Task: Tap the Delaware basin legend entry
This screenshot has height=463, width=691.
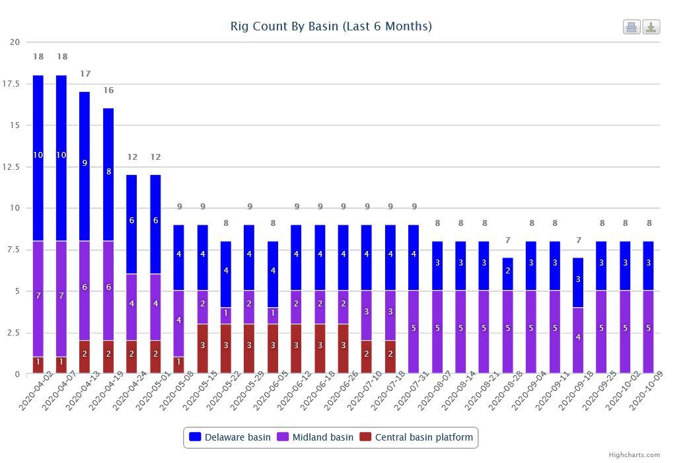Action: click(230, 437)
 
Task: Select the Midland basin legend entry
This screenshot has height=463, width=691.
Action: click(315, 437)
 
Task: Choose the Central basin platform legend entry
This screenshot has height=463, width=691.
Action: click(416, 437)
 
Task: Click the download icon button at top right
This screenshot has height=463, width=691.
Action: click(651, 27)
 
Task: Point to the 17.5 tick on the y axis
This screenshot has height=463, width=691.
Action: click(11, 84)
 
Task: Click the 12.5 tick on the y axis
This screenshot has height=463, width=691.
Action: click(11, 166)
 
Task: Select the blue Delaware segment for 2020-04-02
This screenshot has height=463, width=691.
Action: click(38, 158)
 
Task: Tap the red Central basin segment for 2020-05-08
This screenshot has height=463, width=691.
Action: click(178, 365)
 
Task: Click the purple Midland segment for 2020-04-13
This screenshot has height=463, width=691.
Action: click(85, 291)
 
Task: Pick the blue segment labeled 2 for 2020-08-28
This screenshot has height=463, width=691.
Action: click(507, 274)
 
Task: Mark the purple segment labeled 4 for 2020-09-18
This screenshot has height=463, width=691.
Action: click(578, 341)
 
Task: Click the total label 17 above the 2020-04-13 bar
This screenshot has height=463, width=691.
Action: click(85, 73)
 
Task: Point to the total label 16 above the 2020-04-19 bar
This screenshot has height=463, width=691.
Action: click(108, 90)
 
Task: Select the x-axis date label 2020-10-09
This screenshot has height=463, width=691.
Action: click(645, 391)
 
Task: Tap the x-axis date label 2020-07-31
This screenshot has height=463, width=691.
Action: click(411, 391)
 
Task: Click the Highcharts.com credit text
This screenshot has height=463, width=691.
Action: click(634, 454)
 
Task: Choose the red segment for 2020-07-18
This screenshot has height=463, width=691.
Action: click(390, 357)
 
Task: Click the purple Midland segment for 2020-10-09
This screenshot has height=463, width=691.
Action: click(648, 332)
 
